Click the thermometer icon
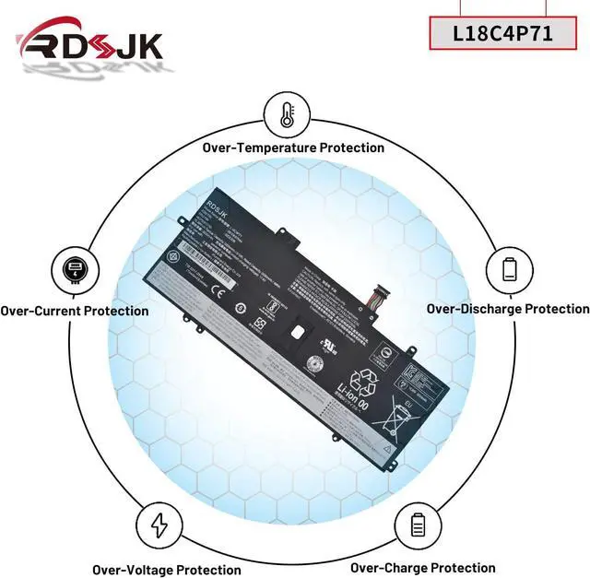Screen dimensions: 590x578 click(287, 114)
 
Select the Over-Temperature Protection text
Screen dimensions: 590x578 click(293, 147)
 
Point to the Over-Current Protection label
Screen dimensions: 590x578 click(75, 311)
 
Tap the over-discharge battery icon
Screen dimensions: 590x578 click(510, 269)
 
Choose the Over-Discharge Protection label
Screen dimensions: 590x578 click(508, 309)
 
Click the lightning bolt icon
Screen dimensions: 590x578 click(159, 525)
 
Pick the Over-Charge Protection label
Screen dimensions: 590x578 click(422, 568)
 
